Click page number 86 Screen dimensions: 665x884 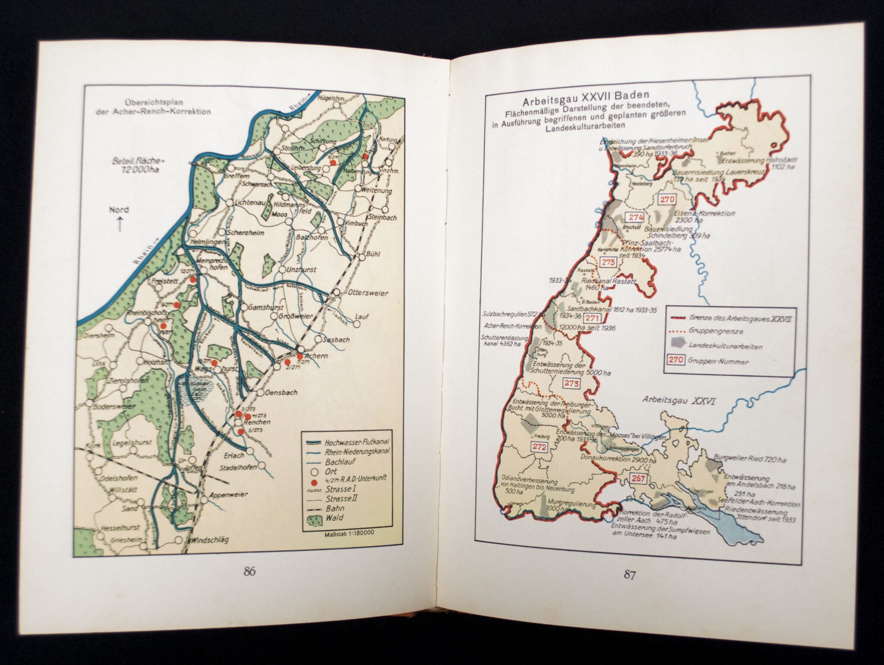249,571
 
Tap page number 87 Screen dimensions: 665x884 629,575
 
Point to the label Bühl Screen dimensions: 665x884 372,254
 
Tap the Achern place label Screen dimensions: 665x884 316,356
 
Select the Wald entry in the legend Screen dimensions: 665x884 335,518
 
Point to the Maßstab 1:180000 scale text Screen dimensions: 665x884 349,533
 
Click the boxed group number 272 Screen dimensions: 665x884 540,447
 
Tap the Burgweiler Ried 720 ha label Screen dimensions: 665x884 750,459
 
